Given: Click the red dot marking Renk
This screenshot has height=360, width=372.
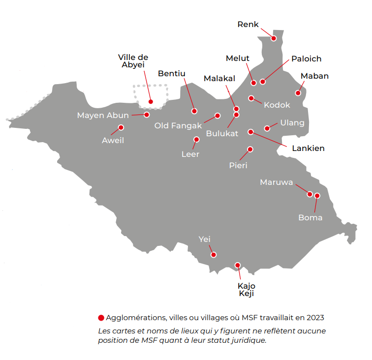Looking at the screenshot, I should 274,38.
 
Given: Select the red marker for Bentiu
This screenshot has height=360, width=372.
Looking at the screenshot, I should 194,111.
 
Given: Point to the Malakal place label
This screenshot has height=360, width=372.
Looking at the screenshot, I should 219,78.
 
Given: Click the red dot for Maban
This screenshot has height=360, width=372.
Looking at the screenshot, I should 298,93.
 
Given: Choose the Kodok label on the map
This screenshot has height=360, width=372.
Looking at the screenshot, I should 277,105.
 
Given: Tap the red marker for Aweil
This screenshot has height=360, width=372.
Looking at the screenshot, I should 121,127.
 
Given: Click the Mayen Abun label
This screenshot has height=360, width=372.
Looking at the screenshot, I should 103,116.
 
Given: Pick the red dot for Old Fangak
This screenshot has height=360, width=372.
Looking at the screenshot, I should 217,116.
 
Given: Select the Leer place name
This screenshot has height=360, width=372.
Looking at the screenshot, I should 190,154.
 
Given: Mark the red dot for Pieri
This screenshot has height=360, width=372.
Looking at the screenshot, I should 250,149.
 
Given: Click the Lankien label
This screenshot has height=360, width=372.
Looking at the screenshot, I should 309,148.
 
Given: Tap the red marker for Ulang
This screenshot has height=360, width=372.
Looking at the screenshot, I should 267,128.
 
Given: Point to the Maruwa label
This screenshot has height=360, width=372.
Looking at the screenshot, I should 277,182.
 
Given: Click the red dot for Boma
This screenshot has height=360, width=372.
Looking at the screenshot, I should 317,196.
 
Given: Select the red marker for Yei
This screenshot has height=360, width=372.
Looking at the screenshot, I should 213,255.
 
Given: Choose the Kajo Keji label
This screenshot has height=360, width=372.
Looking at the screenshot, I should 247,290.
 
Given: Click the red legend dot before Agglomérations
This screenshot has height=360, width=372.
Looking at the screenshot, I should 101,318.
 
